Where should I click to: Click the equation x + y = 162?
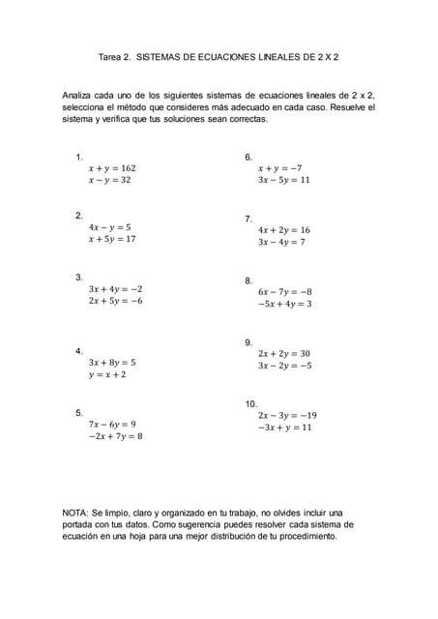pos(112,167)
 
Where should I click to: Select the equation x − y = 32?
pos(109,180)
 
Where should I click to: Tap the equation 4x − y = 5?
pos(109,226)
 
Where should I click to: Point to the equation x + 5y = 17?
pos(112,239)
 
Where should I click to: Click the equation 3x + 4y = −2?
pos(115,288)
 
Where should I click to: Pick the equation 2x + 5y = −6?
pos(115,301)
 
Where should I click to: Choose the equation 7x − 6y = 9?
pos(112,424)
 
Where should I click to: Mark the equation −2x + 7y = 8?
pos(114,436)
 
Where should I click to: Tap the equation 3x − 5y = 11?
pos(283,180)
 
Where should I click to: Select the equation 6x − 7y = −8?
pos(284,291)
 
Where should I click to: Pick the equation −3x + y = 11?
pos(284,427)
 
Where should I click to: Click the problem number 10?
pos(250,402)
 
